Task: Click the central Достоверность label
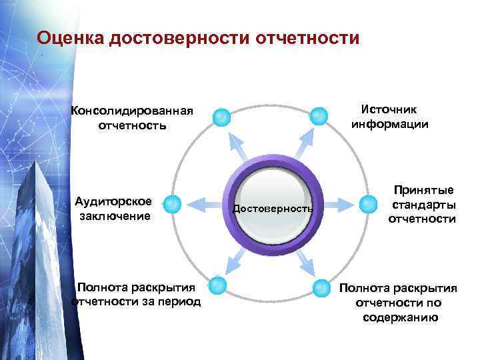pyautogui.click(x=273, y=209)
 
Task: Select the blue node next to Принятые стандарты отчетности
pyautogui.click(x=369, y=203)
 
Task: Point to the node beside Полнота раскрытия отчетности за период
pyautogui.click(x=217, y=286)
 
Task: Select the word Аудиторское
pyautogui.click(x=113, y=201)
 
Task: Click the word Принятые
pyautogui.click(x=423, y=191)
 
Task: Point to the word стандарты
pyautogui.click(x=424, y=205)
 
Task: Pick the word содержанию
pyautogui.click(x=400, y=317)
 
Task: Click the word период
pyautogui.click(x=177, y=301)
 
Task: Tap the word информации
pyautogui.click(x=390, y=124)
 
